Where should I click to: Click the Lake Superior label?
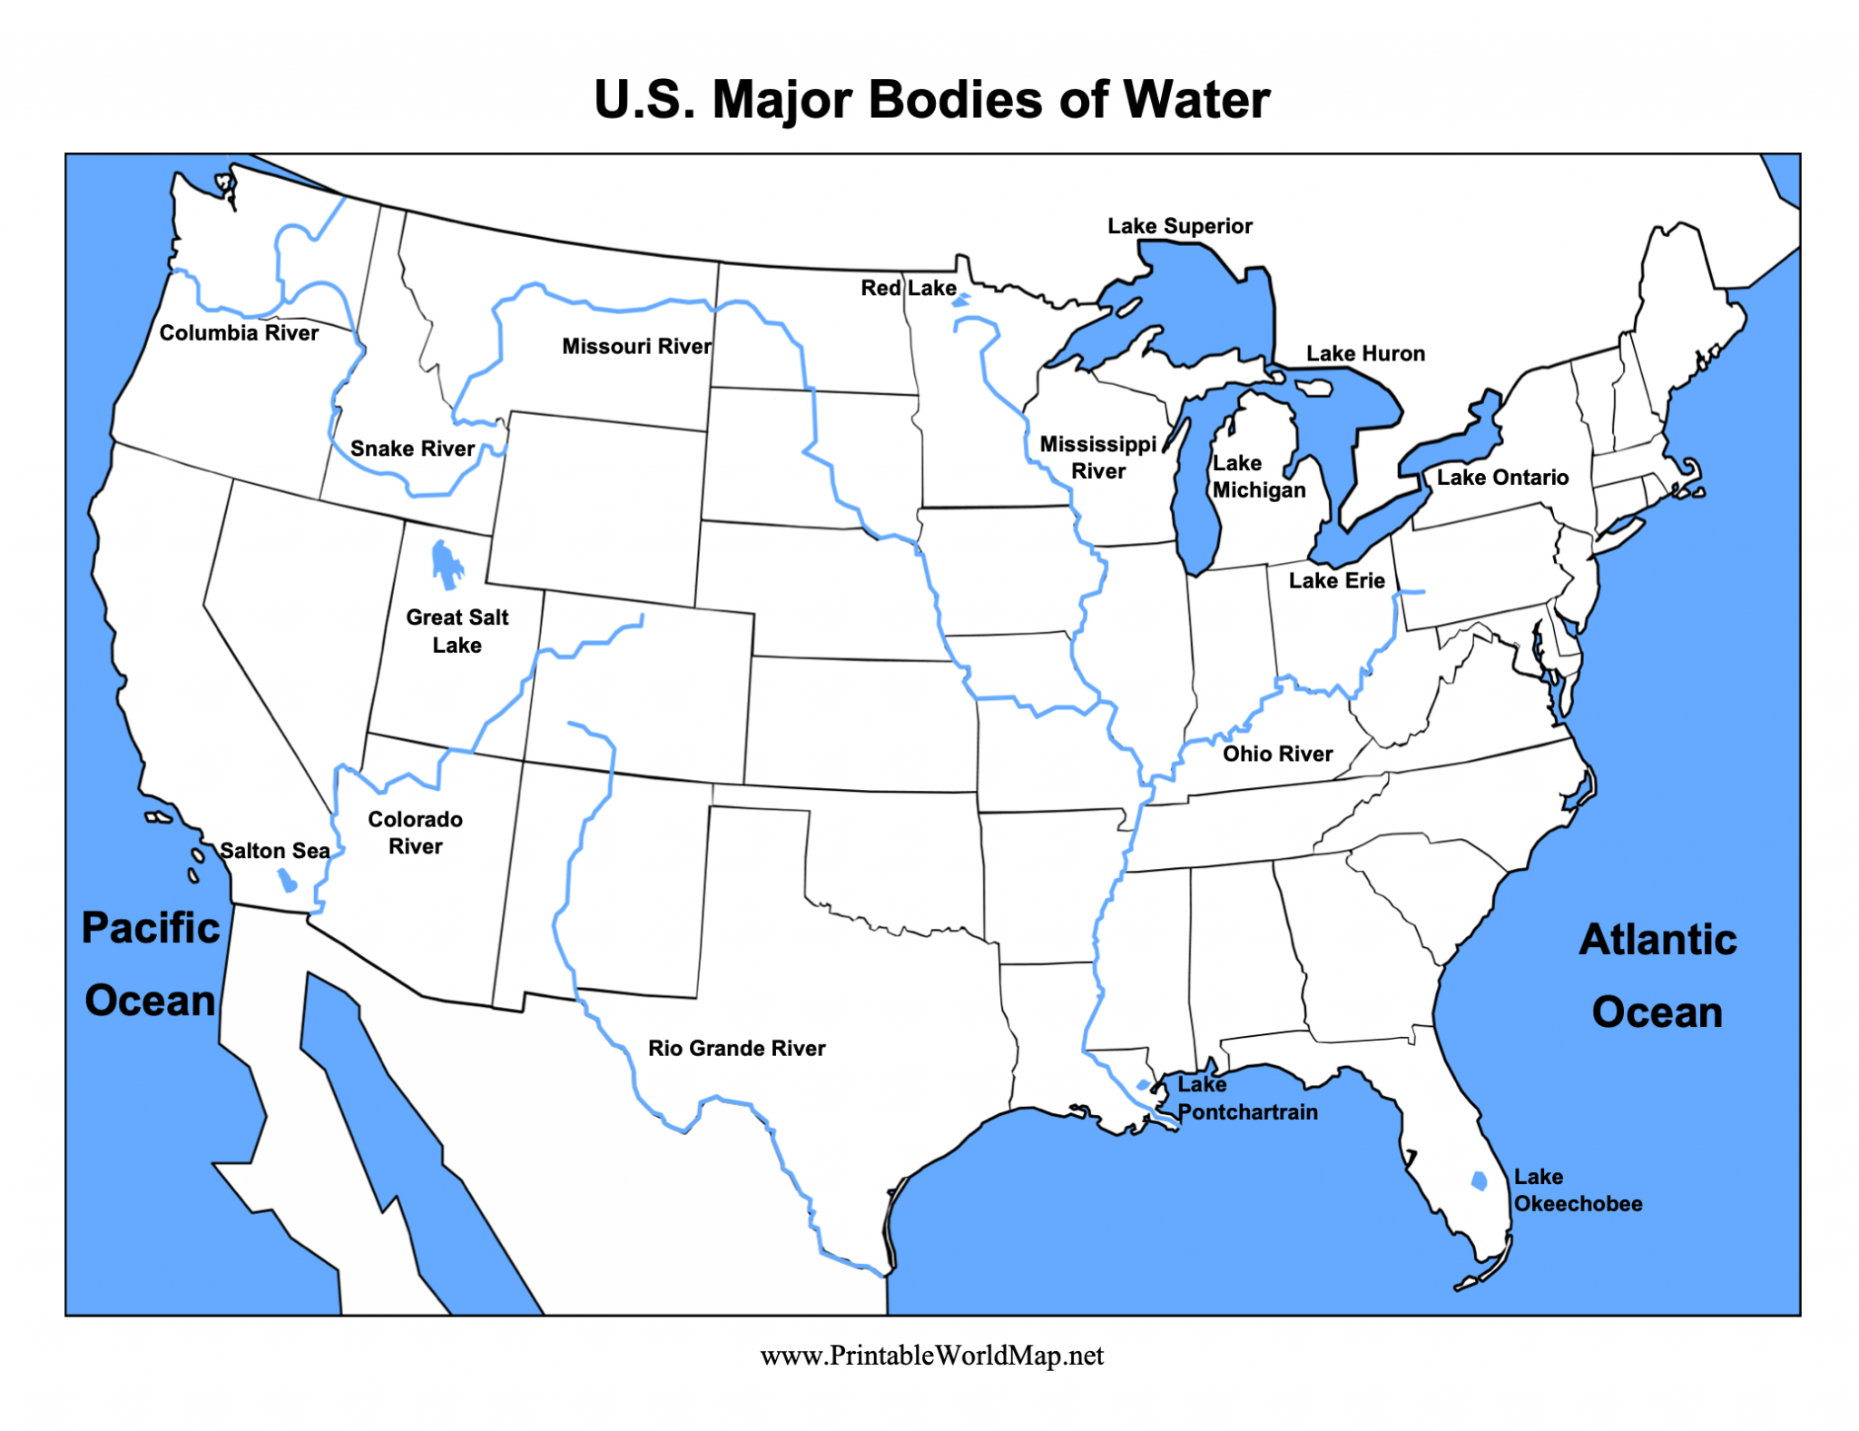[1179, 226]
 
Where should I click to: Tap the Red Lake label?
[908, 288]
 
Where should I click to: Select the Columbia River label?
[239, 333]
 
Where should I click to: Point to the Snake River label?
[412, 449]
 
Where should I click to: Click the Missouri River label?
[636, 346]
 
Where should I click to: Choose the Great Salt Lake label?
[457, 631]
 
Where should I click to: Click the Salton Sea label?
[274, 851]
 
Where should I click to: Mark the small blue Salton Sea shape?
[287, 880]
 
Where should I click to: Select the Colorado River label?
[415, 833]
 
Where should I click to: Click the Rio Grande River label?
[736, 1048]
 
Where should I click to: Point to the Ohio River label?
[1277, 754]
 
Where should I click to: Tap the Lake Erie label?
[1336, 580]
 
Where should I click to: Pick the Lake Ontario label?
[1502, 478]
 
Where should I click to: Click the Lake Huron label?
[1365, 353]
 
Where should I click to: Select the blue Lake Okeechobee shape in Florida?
[1479, 1180]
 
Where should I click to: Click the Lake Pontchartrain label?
[1246, 1099]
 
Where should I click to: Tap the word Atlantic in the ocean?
[1657, 940]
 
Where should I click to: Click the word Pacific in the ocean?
[151, 928]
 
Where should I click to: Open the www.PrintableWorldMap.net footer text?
[931, 1356]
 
